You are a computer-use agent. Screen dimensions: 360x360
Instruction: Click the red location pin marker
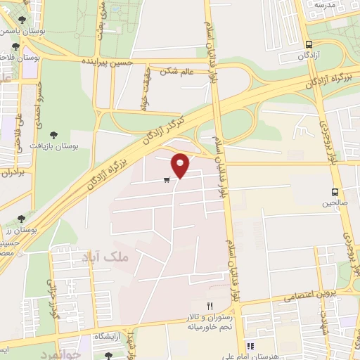point(181,165)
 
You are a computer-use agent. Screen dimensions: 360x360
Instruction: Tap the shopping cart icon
point(167,181)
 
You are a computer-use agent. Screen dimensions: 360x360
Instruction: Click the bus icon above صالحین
point(335,191)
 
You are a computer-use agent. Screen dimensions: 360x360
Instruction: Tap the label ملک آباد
point(107,257)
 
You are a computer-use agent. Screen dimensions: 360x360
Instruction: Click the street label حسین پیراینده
point(124,63)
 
